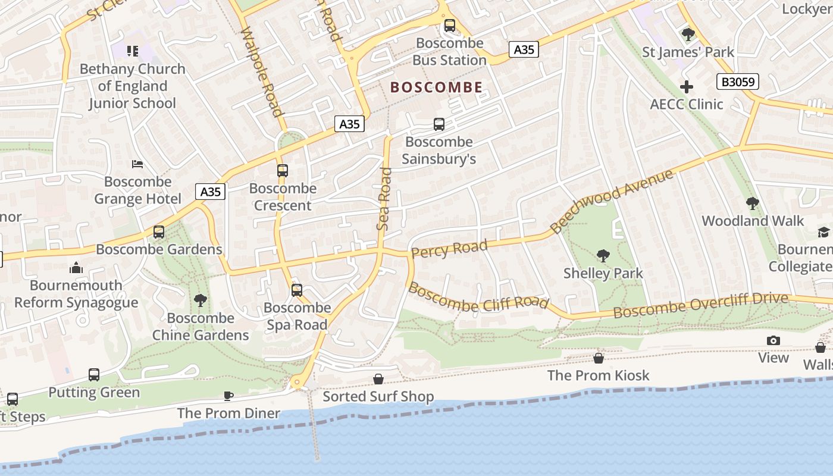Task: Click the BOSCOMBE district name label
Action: [x=436, y=87]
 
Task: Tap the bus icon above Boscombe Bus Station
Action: [x=450, y=26]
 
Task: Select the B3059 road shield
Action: [x=737, y=82]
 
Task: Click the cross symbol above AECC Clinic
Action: [x=687, y=87]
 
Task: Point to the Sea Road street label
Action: [x=384, y=199]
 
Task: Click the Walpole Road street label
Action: [x=261, y=71]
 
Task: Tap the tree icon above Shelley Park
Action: [x=603, y=256]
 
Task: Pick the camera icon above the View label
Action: [x=773, y=340]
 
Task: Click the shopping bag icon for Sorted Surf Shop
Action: [x=378, y=379]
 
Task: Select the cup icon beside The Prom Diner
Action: [x=228, y=396]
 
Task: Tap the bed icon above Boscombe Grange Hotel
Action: [x=137, y=164]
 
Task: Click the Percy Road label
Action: [x=449, y=249]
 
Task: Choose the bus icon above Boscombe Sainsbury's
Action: [x=439, y=124]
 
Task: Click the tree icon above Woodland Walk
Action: [x=752, y=203]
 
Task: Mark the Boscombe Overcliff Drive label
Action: [x=700, y=305]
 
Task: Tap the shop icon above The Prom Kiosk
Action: [x=599, y=358]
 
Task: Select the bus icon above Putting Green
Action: [x=94, y=375]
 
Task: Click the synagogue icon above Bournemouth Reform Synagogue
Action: [x=76, y=268]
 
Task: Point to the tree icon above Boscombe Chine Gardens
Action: [x=201, y=300]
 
